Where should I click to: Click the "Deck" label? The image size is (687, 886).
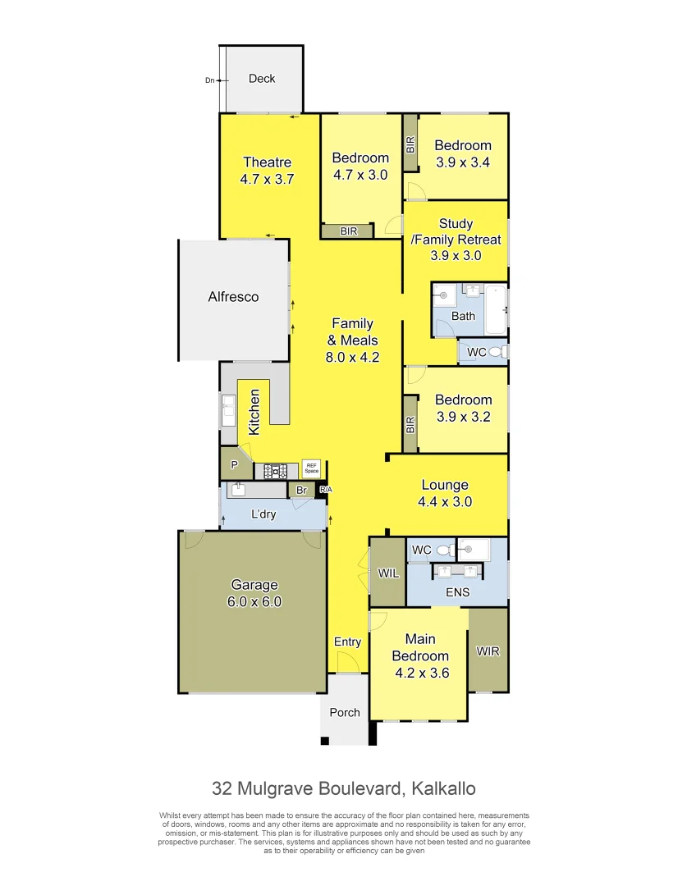point(262,79)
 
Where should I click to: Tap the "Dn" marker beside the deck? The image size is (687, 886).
point(209,80)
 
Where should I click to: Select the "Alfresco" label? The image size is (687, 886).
point(233,297)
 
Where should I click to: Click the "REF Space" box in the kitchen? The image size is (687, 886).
point(310,468)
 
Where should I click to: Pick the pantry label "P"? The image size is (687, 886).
point(234,465)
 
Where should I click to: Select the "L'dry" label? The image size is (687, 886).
point(263,514)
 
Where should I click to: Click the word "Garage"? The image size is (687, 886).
point(254,585)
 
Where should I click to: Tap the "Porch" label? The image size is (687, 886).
point(345,712)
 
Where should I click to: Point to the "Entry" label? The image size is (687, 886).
point(347,642)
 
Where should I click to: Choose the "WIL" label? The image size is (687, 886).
point(388,573)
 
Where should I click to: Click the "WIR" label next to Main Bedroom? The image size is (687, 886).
point(488,651)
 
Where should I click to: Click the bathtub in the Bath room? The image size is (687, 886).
point(496,310)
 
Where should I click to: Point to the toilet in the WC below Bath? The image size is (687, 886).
point(496,352)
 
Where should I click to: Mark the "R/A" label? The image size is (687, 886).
point(325,490)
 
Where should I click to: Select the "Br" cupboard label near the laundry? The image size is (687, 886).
point(301,491)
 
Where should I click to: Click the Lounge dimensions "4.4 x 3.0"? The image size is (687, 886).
point(445,502)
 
